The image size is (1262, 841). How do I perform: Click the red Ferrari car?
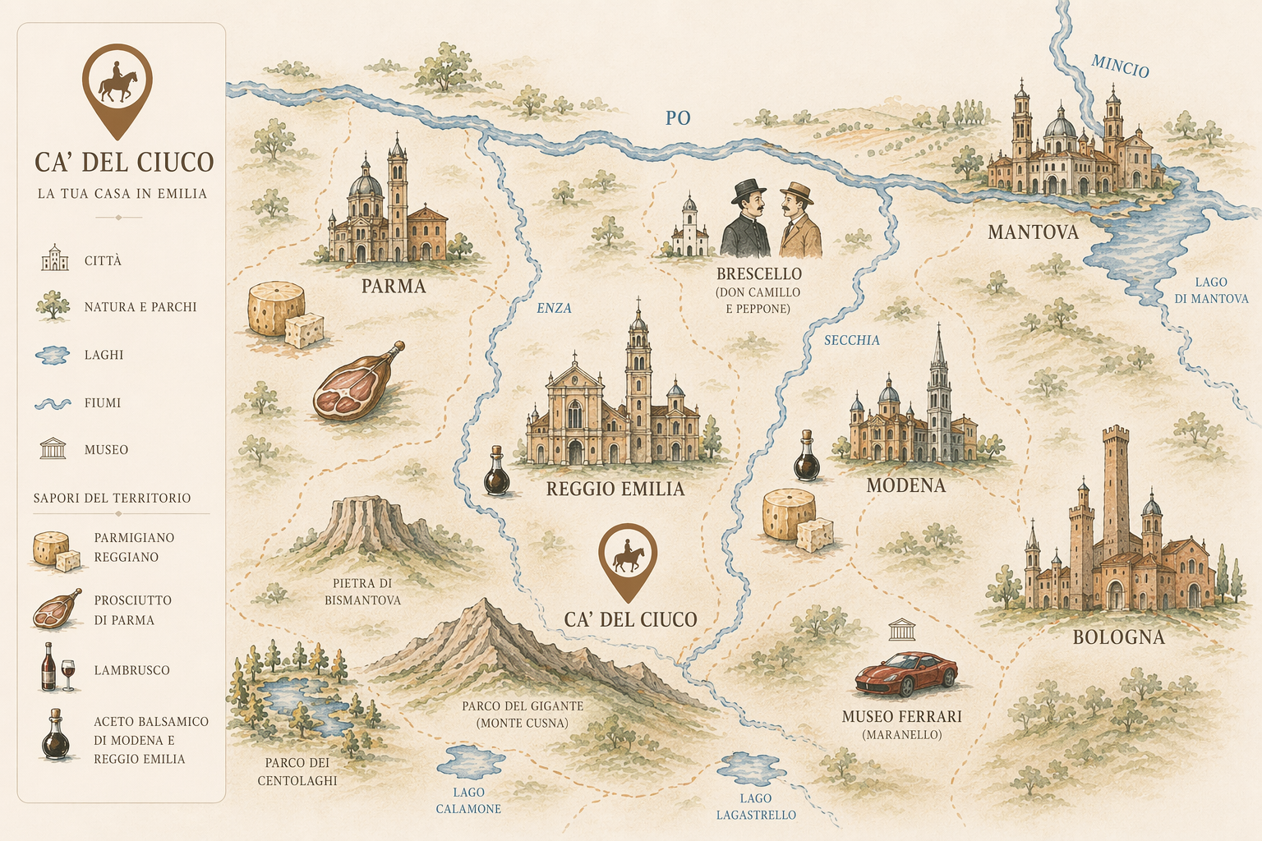pos(906,674)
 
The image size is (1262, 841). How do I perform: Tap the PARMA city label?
pos(394,287)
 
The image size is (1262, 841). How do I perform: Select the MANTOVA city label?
pos(1033,232)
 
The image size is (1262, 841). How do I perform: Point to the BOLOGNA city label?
pos(1118,637)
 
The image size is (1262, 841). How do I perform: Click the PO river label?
pos(678,118)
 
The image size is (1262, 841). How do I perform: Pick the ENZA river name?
pos(554,308)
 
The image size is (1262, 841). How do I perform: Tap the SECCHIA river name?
pos(852,340)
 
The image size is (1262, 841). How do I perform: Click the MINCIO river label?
pos(1120,66)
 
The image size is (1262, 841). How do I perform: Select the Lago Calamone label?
pos(468,801)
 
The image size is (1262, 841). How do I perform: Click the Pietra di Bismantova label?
pos(362,591)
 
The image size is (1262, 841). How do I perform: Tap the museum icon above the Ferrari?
pos(902,630)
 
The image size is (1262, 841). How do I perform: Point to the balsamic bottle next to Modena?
pos(807,457)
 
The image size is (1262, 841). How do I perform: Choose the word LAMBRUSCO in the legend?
pos(131,670)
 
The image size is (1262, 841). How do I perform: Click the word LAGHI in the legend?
pos(104,355)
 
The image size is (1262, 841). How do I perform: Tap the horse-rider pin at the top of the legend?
pos(117,87)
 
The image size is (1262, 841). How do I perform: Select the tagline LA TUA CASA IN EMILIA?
pos(122,194)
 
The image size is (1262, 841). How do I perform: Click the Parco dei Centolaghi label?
pos(297,771)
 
